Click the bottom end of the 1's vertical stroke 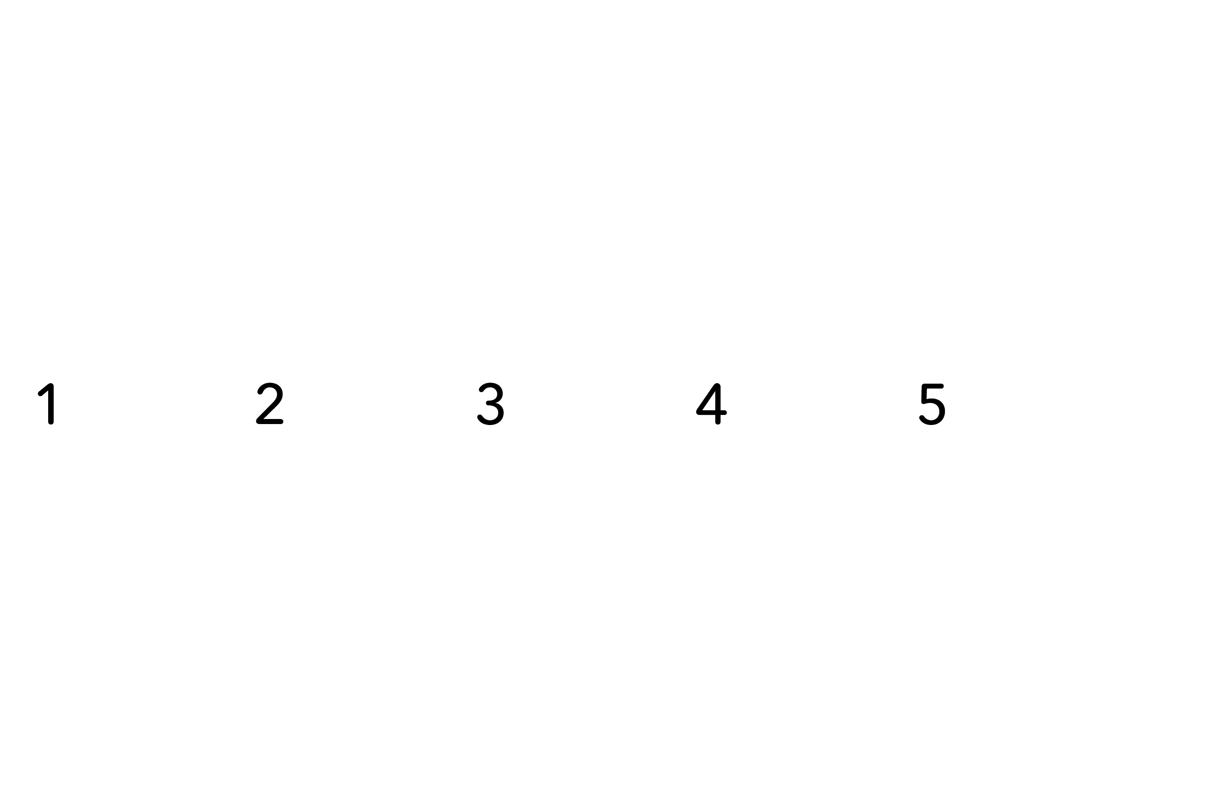[x=51, y=422]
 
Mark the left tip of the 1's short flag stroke [x=40, y=394]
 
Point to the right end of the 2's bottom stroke [x=281, y=422]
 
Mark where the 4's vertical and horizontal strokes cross [x=718, y=412]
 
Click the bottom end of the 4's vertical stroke [x=718, y=422]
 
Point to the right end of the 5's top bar [x=941, y=386]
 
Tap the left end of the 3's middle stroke [x=488, y=403]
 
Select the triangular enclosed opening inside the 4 [x=710, y=402]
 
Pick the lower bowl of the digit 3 [x=491, y=414]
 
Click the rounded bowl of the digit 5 [x=933, y=411]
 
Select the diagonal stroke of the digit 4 [x=706, y=398]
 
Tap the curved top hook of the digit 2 [x=270, y=391]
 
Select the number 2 [x=270, y=403]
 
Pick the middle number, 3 [x=491, y=403]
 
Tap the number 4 [x=711, y=404]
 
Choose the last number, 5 [x=932, y=404]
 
